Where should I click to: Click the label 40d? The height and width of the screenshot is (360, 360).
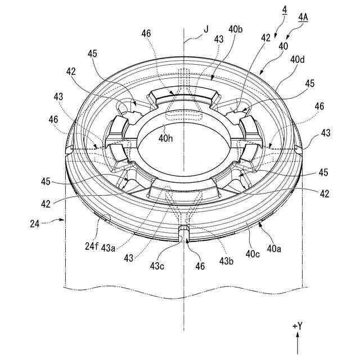click(x=298, y=58)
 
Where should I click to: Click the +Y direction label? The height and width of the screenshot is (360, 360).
click(x=298, y=326)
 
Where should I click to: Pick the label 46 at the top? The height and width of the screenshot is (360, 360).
click(x=146, y=34)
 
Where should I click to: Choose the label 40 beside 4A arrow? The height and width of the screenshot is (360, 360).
click(x=282, y=46)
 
